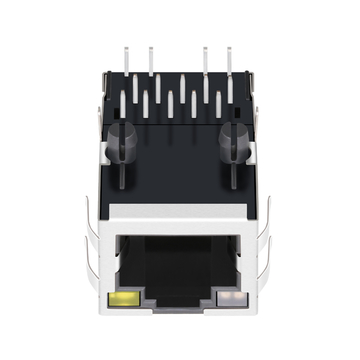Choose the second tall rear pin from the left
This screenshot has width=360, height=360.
point(151,60)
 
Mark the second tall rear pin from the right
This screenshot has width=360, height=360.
point(205,60)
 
